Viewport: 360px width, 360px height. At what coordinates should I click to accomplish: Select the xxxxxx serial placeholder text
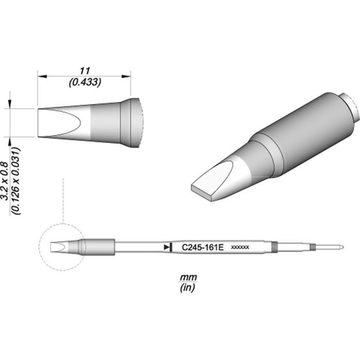coord(240,248)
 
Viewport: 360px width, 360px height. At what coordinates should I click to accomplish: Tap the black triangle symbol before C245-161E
coord(167,247)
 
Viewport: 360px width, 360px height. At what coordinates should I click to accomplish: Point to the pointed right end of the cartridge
coord(342,247)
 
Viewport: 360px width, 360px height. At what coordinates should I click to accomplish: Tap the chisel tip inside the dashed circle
coord(61,247)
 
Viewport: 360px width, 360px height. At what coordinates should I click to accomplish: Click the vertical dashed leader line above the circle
coord(62,201)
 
